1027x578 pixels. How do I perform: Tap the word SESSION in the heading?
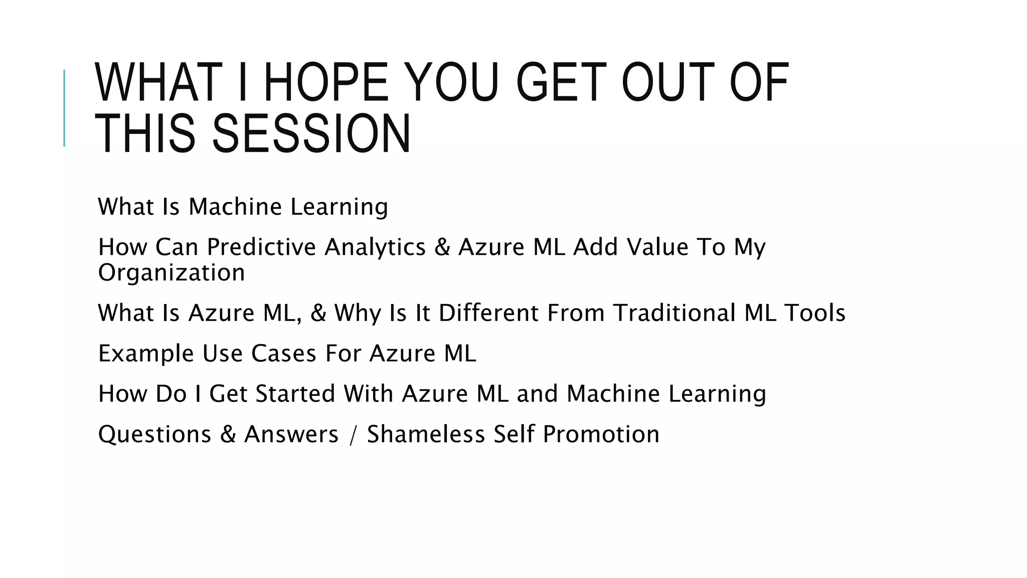click(311, 133)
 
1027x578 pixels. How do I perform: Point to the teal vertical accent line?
click(64, 108)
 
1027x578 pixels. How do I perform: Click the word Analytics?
click(375, 247)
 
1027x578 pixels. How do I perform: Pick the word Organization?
click(172, 272)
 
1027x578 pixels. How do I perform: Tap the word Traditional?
click(674, 313)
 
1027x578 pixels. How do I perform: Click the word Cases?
click(283, 354)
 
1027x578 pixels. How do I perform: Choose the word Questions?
click(154, 435)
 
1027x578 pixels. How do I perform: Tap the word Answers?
click(291, 435)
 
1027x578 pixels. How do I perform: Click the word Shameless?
click(426, 435)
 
